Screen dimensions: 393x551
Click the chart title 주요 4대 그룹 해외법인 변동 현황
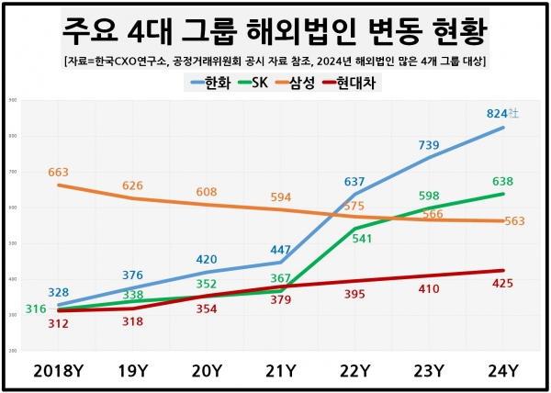275,29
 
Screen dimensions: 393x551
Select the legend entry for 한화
212,83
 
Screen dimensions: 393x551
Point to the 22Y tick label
354,371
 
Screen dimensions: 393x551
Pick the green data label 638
502,181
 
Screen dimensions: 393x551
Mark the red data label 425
502,283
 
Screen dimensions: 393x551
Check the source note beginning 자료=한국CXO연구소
275,61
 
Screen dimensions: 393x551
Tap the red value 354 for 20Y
207,309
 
